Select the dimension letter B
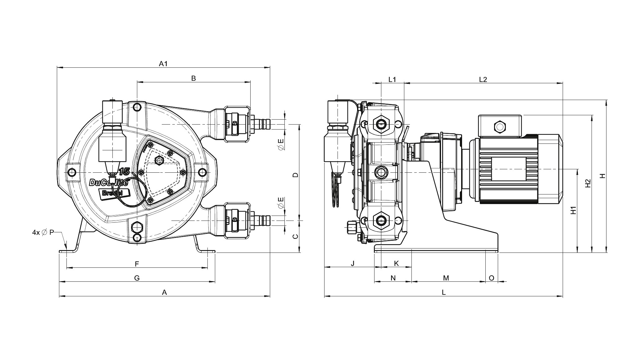click(193, 78)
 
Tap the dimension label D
click(296, 175)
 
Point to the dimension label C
click(296, 237)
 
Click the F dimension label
click(137, 264)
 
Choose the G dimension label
click(137, 278)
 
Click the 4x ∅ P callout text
click(43, 232)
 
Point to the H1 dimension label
click(574, 210)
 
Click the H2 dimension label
click(588, 184)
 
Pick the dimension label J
click(352, 264)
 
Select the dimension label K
click(396, 264)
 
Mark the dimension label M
click(446, 278)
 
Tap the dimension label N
click(393, 278)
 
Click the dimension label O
click(492, 278)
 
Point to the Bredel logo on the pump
click(114, 193)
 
